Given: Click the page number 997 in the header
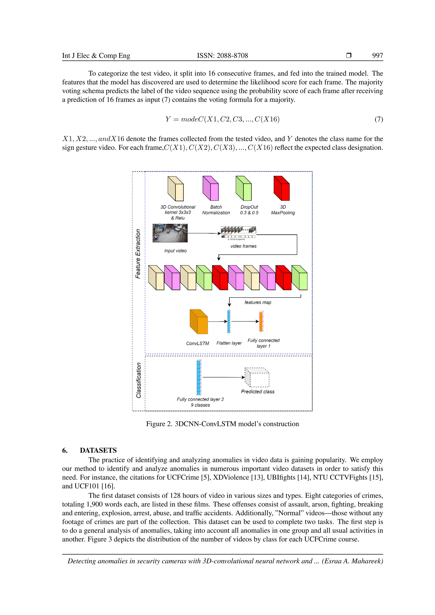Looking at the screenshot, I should [377, 55].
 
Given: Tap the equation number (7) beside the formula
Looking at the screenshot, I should [379, 119].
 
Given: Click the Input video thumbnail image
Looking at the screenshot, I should [170, 233].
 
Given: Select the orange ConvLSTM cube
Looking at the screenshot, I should [199, 322].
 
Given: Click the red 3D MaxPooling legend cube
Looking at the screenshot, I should [281, 188].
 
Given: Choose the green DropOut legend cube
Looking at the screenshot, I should [243, 188].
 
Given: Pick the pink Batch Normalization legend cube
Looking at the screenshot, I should [210, 188].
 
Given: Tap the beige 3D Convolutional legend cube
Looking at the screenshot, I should [175, 189].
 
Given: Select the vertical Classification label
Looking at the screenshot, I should [138, 380].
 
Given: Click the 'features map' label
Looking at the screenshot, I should [258, 302].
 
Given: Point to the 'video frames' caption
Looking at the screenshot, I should [243, 246].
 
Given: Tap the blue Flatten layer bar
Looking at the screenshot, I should [229, 322].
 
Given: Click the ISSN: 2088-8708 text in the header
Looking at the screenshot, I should [222, 55].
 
